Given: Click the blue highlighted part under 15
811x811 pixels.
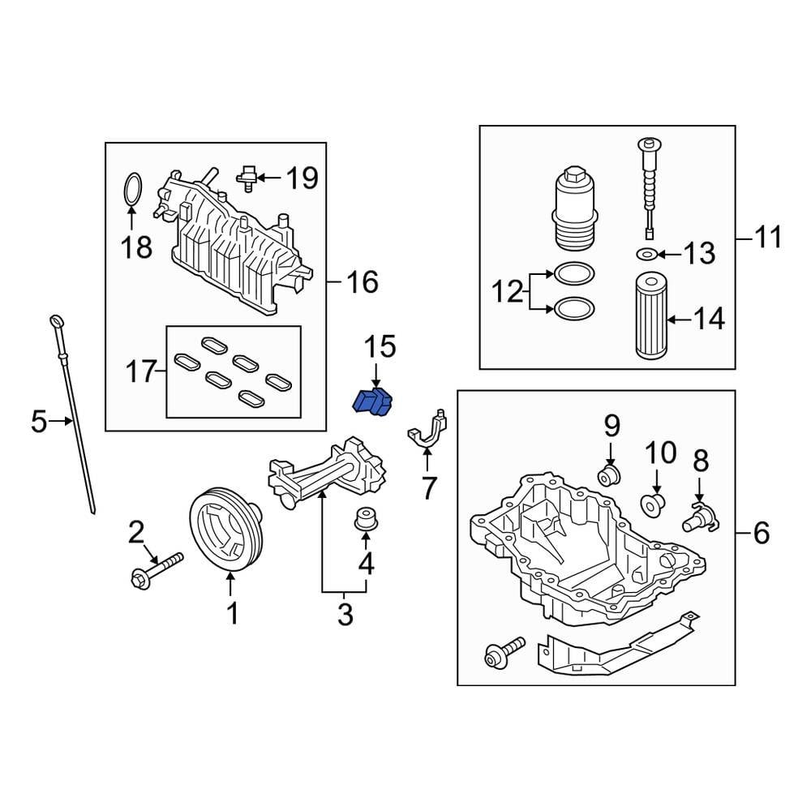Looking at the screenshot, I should (x=374, y=401).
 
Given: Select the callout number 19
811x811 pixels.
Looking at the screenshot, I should (x=302, y=178).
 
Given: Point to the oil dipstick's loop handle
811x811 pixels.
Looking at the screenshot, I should (x=56, y=322).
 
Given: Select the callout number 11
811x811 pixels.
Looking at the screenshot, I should (x=768, y=238).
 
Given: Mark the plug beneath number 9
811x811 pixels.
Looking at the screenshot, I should (x=609, y=474).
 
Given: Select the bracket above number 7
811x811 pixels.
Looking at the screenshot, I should (x=428, y=430).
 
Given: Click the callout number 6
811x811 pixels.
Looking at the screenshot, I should (x=761, y=533).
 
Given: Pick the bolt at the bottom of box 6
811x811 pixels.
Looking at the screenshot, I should (x=497, y=654).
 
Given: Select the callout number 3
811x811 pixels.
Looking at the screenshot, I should (x=345, y=614).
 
